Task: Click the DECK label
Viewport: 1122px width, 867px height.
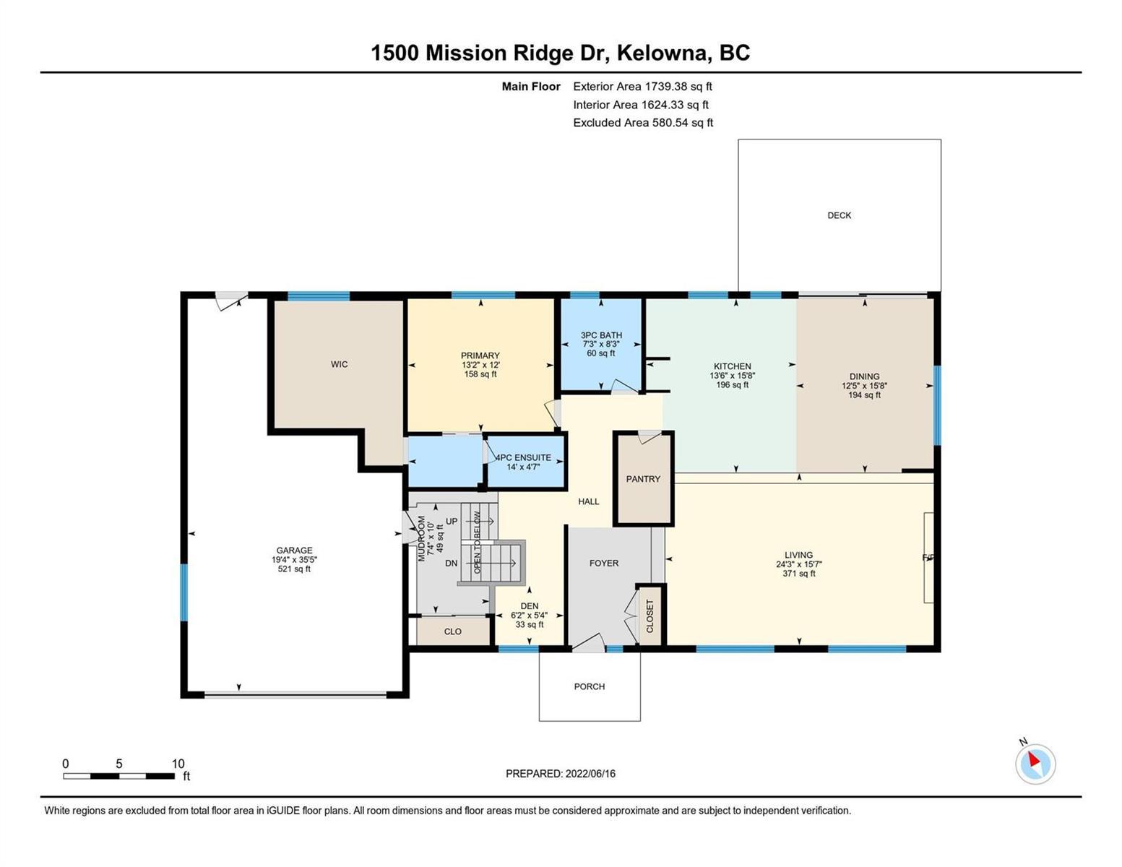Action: coord(839,215)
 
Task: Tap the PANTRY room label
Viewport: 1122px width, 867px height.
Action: coord(643,479)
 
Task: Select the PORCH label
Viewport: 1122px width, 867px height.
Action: coord(589,687)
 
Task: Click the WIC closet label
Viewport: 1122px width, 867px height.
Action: coord(340,365)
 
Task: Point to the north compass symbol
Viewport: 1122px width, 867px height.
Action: coord(1035,764)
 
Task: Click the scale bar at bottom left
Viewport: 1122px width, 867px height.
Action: coord(118,776)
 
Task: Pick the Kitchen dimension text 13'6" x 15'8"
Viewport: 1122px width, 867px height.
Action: coord(733,376)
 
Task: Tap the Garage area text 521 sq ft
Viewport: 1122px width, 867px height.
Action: coord(294,569)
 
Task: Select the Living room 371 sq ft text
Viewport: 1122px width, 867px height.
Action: coord(799,574)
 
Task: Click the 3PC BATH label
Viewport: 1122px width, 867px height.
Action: coord(601,335)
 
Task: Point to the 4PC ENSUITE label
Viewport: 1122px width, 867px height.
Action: coord(524,457)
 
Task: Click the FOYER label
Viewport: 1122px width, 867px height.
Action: coord(603,564)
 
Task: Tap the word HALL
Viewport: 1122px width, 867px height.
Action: coord(589,501)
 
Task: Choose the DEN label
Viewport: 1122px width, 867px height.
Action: coord(530,606)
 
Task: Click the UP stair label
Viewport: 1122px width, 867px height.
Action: coord(452,522)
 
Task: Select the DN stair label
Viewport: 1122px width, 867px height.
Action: coord(452,564)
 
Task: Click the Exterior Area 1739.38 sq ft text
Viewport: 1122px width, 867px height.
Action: coord(642,87)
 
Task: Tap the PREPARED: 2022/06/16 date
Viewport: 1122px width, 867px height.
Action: coord(560,774)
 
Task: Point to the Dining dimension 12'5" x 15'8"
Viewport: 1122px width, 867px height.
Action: coord(864,386)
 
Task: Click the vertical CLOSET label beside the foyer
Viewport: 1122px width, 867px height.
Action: coord(650,616)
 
